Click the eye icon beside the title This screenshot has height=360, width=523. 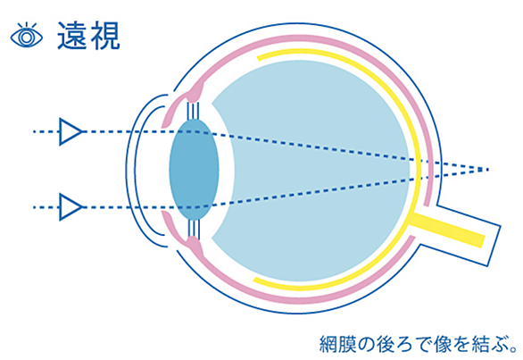[x=27, y=36]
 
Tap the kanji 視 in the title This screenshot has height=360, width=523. [x=104, y=36]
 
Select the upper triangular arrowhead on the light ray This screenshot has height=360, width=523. [x=71, y=131]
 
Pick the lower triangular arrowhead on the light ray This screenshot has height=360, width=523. [x=71, y=207]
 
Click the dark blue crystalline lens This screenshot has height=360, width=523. [x=194, y=170]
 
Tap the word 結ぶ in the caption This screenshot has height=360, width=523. [x=486, y=344]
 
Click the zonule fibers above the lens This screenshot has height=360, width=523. [x=194, y=111]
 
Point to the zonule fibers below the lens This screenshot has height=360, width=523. [x=194, y=229]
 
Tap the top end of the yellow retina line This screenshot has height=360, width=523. [x=259, y=58]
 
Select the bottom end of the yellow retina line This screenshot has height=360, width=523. [x=255, y=280]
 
